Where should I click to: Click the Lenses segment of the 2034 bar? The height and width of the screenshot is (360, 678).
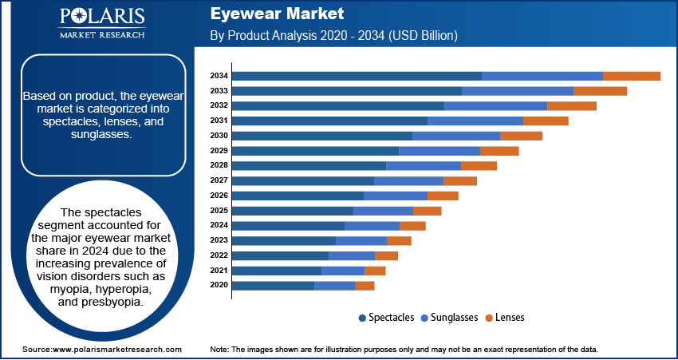631,76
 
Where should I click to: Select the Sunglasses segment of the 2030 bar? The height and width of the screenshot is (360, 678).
456,136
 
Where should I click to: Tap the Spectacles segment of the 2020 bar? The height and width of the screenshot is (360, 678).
273,285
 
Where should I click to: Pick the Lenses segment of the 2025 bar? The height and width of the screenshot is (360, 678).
427,211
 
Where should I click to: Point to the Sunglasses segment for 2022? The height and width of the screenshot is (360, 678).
352,255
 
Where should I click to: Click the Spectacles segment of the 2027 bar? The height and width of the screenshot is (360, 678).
303,180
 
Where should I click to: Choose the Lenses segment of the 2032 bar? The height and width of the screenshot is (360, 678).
572,105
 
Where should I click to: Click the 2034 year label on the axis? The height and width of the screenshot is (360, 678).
219,76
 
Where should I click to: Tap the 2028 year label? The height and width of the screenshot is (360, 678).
219,165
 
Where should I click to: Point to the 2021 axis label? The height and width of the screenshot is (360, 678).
219,271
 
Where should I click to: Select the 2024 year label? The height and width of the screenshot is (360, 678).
219,225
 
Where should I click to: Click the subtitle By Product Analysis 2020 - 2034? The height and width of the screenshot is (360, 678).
333,36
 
